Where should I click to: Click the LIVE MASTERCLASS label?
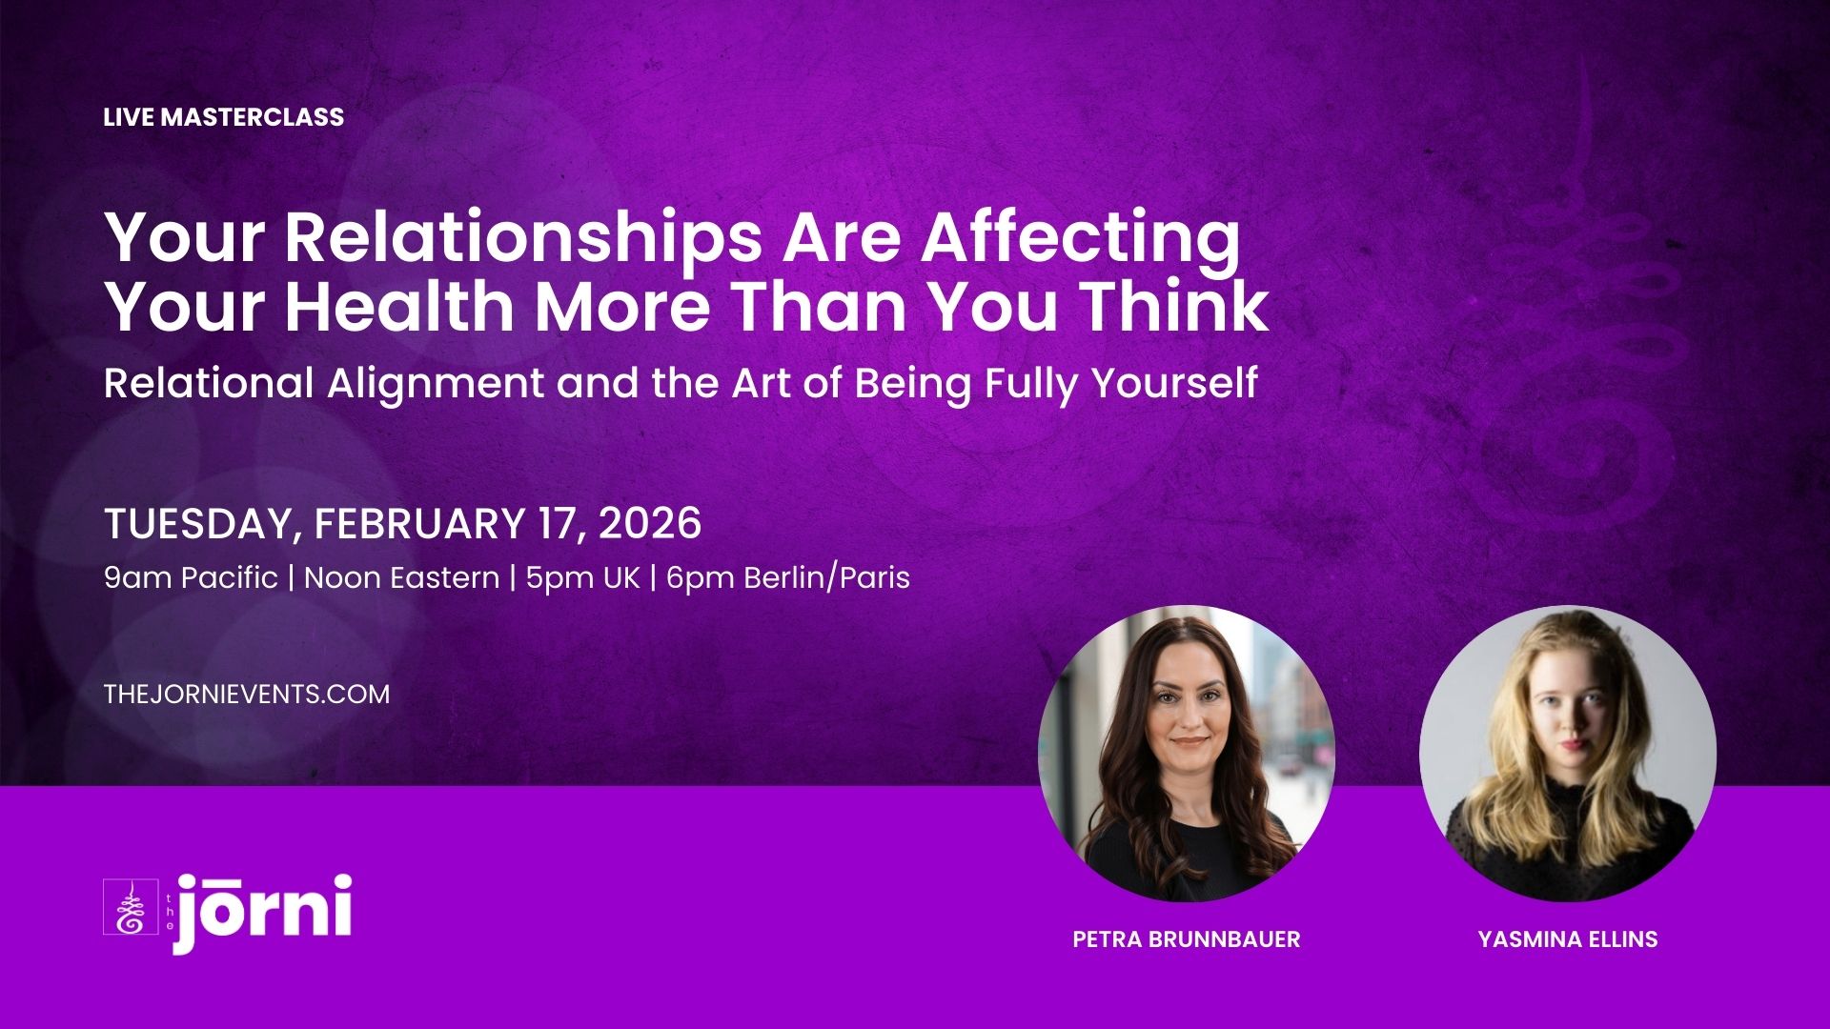[x=224, y=117]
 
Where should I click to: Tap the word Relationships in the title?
[x=523, y=239]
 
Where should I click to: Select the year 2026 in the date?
[x=649, y=524]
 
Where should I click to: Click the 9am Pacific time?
[x=191, y=577]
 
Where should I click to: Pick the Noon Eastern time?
[x=401, y=577]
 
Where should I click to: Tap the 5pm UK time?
[x=582, y=577]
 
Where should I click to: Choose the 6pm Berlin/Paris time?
[x=788, y=577]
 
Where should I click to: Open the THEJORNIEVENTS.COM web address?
[x=247, y=694]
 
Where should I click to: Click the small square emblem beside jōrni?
[x=130, y=906]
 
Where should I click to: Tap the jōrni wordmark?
[x=262, y=912]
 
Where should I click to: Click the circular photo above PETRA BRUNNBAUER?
[x=1187, y=754]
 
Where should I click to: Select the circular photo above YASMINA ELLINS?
[x=1568, y=754]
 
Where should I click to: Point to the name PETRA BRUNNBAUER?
[x=1187, y=939]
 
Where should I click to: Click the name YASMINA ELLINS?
[x=1568, y=939]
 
